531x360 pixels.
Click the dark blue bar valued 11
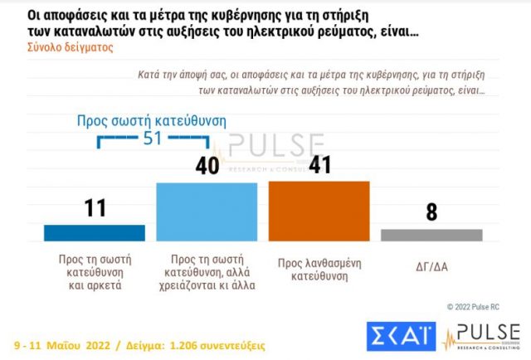pyautogui.click(x=94, y=232)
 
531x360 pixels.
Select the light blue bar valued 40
pyautogui.click(x=207, y=211)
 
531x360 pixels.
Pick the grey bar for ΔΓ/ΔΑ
pyautogui.click(x=431, y=235)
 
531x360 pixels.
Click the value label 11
pyautogui.click(x=95, y=207)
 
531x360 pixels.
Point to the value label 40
pyautogui.click(x=207, y=165)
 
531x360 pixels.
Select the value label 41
pyautogui.click(x=320, y=163)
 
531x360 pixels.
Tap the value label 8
pyautogui.click(x=431, y=212)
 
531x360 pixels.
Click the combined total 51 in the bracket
pyautogui.click(x=152, y=139)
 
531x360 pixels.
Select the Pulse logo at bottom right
pyautogui.click(x=483, y=334)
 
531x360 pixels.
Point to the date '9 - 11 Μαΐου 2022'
pyautogui.click(x=66, y=343)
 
